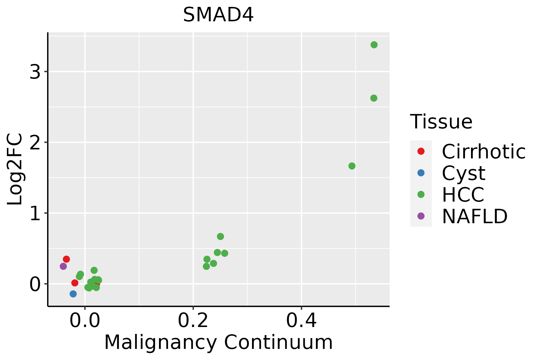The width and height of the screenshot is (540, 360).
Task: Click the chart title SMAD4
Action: point(218,15)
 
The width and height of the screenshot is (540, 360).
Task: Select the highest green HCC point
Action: point(374,45)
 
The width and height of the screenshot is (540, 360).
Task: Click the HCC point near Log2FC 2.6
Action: point(373,98)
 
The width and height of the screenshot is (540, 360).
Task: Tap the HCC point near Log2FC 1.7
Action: point(352,166)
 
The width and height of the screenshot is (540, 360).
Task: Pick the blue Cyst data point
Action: point(73,294)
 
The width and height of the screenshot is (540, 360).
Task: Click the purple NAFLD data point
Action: point(63,266)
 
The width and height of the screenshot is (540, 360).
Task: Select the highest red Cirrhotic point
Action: point(66,259)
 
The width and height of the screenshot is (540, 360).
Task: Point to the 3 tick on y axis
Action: point(35,72)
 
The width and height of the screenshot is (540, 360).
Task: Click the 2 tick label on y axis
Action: point(35,143)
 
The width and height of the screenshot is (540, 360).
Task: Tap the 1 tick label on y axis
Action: point(35,214)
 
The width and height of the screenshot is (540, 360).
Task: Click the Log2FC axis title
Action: point(15,169)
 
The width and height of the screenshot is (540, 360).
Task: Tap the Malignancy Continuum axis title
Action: point(218,342)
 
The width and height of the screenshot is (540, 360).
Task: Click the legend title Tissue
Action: point(441,122)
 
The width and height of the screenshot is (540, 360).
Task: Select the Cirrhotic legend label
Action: point(483,151)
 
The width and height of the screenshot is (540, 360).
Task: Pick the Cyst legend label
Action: point(463,173)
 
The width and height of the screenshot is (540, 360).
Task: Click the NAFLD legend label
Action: point(475,216)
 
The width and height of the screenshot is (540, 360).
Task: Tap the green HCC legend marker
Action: point(421,194)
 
